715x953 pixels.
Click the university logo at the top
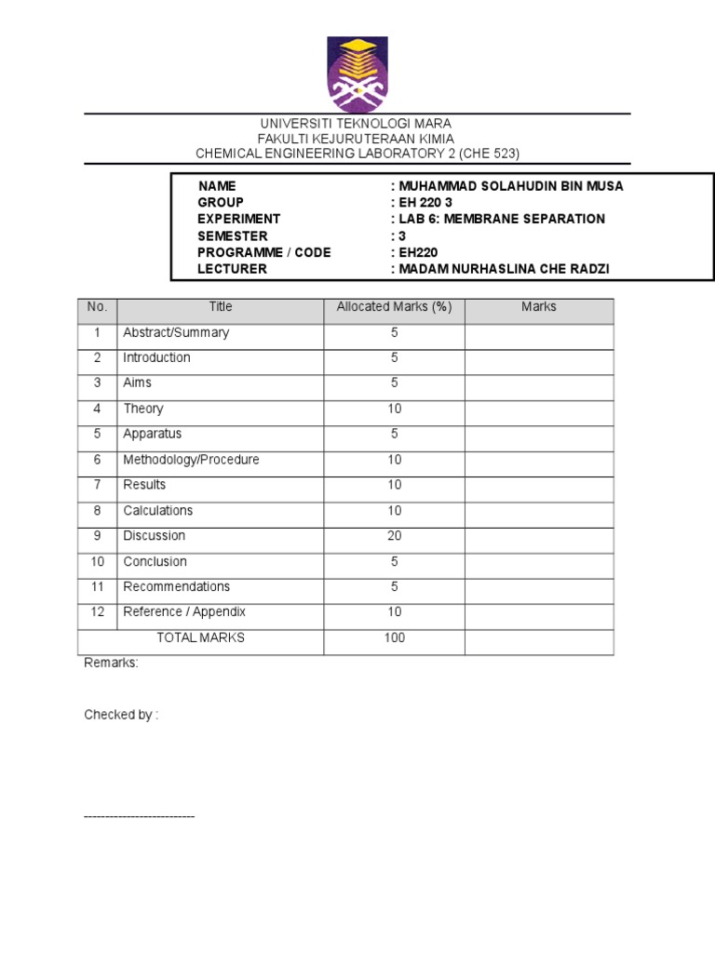(x=357, y=74)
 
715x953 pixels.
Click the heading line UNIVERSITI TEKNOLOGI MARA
(x=356, y=124)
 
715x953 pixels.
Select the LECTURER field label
(x=232, y=269)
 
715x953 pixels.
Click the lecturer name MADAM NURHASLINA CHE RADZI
(x=505, y=269)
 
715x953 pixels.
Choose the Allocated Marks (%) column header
(x=394, y=307)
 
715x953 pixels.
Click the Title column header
(x=221, y=307)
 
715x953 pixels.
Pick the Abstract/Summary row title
(x=176, y=332)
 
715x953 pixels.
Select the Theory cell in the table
(x=143, y=409)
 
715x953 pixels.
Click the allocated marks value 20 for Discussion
(x=395, y=536)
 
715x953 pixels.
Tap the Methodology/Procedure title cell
(x=191, y=460)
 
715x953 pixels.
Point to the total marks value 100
(x=395, y=638)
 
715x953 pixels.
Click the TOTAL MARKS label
(x=200, y=638)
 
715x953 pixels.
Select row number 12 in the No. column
(x=97, y=612)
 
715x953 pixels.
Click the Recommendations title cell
(x=177, y=587)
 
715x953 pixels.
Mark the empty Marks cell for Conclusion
(x=539, y=562)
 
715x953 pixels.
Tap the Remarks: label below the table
(x=111, y=664)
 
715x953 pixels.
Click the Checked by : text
(x=121, y=715)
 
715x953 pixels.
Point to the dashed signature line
(x=139, y=816)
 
